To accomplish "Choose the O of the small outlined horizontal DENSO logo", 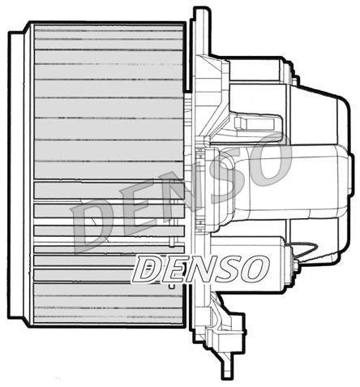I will (x=252, y=269).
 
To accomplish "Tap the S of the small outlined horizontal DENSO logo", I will (x=226, y=269).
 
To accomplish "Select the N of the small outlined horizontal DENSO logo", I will (x=200, y=269).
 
